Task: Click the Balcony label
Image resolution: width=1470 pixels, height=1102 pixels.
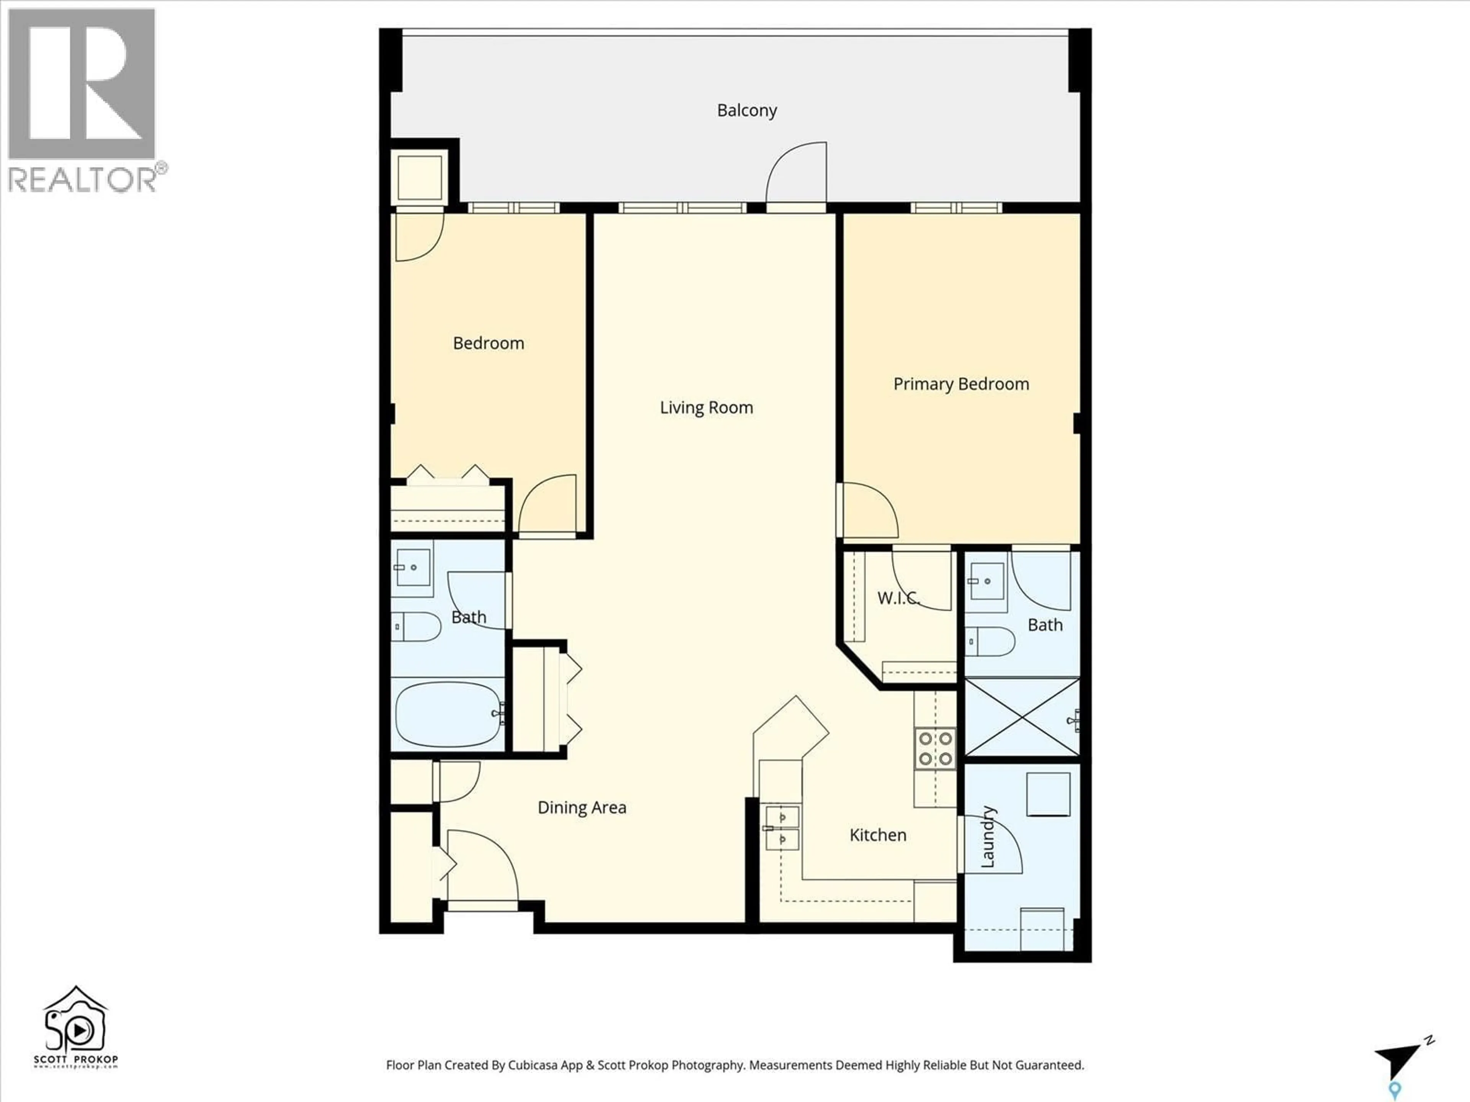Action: click(x=746, y=110)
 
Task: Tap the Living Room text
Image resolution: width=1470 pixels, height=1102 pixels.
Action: click(x=706, y=407)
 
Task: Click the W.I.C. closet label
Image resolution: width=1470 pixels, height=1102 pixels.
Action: click(x=898, y=598)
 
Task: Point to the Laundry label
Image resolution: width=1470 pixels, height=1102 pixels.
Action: click(x=988, y=836)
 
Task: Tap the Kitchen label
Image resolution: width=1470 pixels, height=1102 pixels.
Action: click(x=877, y=835)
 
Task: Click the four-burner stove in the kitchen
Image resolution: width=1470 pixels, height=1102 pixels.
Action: click(x=935, y=748)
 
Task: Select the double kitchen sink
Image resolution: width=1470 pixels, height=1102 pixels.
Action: click(x=782, y=828)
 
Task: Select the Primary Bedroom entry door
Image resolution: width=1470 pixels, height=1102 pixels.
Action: click(x=869, y=510)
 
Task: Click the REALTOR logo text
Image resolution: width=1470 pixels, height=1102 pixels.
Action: click(x=83, y=179)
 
